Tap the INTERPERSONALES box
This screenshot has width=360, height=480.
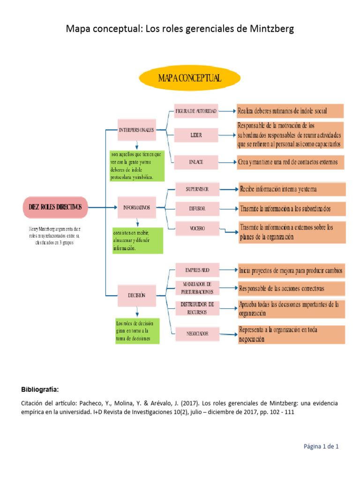click(136, 130)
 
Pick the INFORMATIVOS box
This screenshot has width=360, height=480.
click(136, 207)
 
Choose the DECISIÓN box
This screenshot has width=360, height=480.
click(136, 295)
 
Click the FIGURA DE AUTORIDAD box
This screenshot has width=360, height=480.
click(196, 112)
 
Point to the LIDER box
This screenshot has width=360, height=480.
click(196, 135)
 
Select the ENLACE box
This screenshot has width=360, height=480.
click(196, 162)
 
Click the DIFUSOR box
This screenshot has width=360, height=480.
click(197, 208)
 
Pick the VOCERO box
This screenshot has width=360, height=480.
click(197, 229)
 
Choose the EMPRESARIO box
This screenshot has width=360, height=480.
click(197, 270)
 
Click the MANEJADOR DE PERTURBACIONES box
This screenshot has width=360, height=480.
click(197, 287)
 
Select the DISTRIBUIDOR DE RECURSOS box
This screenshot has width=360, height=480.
click(197, 308)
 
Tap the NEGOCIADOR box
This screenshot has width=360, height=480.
click(197, 334)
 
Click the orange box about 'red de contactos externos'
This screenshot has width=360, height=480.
click(291, 162)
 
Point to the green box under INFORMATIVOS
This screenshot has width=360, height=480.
click(137, 241)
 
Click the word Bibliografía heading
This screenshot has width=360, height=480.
click(40, 389)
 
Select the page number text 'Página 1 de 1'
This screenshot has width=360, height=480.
click(321, 447)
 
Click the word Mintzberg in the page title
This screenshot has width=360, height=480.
click(271, 29)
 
